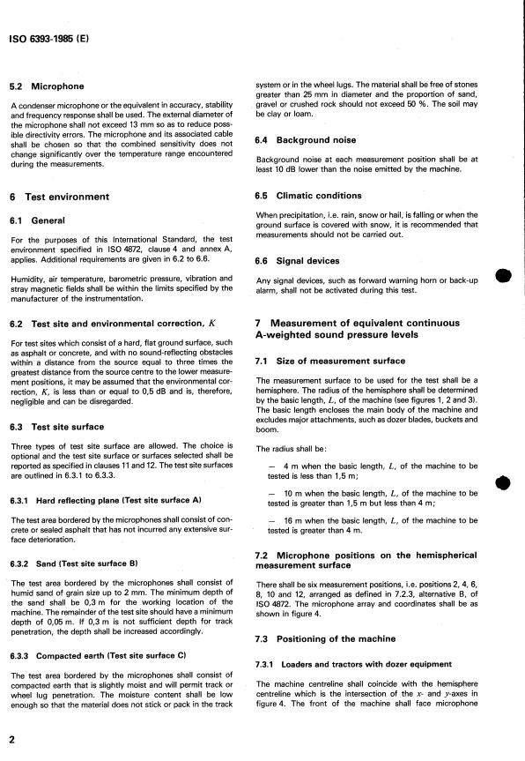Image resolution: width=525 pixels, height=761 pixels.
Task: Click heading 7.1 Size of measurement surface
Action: (329, 362)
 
